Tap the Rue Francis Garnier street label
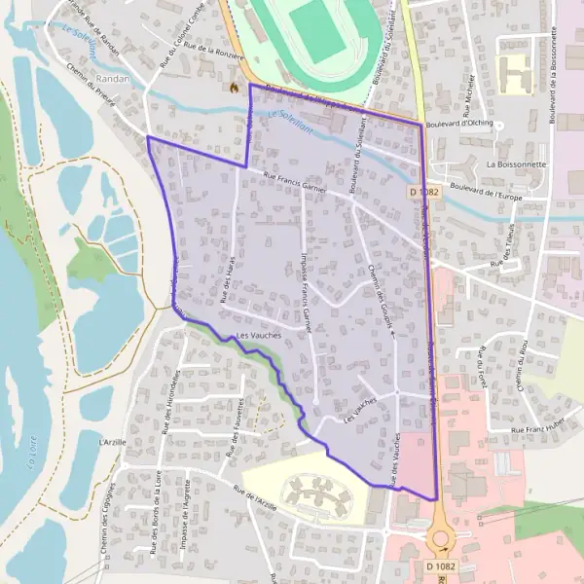coord(294,182)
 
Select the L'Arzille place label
coord(113,441)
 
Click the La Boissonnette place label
coord(516,164)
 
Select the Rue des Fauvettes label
coord(234,426)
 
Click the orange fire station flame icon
coord(234,87)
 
